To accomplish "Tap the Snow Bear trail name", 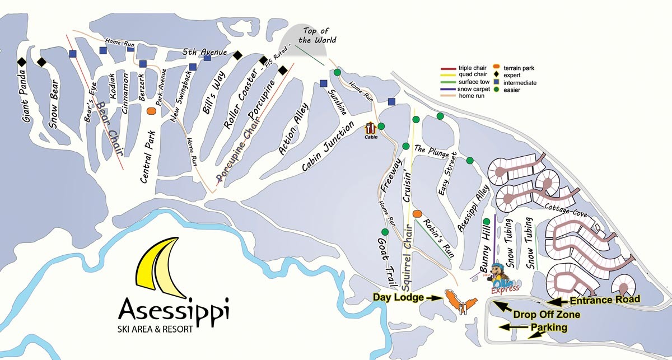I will click(x=53, y=107).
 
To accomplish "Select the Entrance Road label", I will click(x=604, y=300).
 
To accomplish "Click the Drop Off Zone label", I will click(x=546, y=315).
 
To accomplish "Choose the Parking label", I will click(x=549, y=327).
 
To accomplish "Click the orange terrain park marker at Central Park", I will click(x=151, y=111).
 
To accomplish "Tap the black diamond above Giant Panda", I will click(x=22, y=62).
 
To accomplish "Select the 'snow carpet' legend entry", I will click(x=473, y=88).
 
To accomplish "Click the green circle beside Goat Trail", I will click(x=385, y=232).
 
